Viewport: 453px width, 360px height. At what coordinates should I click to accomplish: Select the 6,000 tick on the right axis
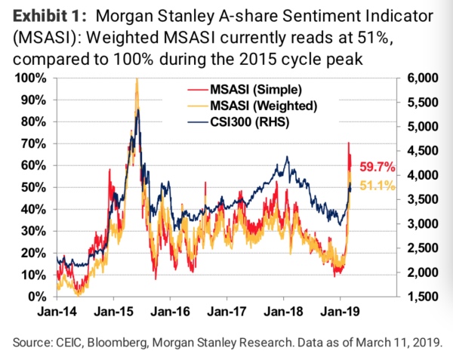pyautogui.click(x=421, y=78)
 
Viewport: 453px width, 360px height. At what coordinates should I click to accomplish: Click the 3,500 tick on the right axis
pyautogui.click(x=421, y=200)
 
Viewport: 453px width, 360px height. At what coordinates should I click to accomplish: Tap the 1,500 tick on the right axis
pyautogui.click(x=421, y=297)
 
